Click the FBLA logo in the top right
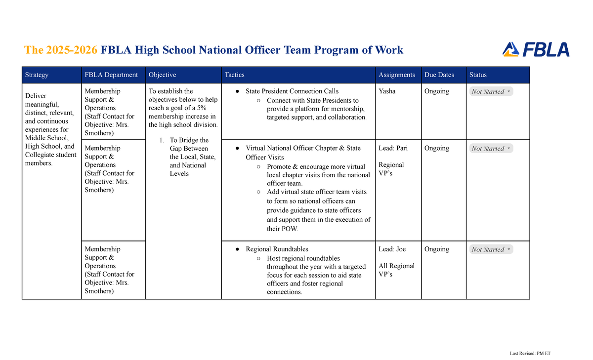click(536, 49)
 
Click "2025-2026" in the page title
click(71, 50)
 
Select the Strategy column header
click(37, 75)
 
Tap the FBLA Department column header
click(111, 75)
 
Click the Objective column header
click(162, 75)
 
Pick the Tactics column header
click(234, 75)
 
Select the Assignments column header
click(396, 75)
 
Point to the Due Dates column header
click(439, 75)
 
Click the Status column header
click(478, 75)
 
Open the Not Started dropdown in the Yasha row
click(491, 91)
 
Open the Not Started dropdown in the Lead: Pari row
click(491, 148)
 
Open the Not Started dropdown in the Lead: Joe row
click(491, 249)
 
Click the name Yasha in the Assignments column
click(387, 91)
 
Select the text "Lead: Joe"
click(392, 249)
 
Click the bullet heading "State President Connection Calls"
click(292, 91)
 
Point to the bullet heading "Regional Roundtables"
click(277, 249)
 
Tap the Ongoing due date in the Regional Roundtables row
click(436, 249)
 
